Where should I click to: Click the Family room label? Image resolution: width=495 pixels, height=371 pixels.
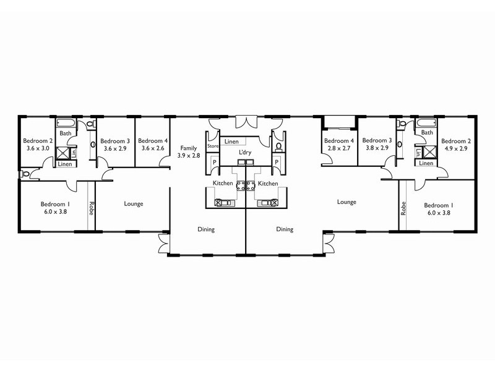tap(188, 148)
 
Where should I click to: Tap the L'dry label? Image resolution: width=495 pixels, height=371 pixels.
tap(246, 151)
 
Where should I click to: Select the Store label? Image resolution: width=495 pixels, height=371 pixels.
tap(213, 147)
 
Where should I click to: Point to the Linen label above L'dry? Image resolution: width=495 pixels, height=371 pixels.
tap(231, 142)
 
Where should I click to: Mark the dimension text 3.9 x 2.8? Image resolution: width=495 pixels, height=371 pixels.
tap(188, 156)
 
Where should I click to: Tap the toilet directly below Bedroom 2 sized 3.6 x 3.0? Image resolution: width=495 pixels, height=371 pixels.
tap(25, 175)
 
